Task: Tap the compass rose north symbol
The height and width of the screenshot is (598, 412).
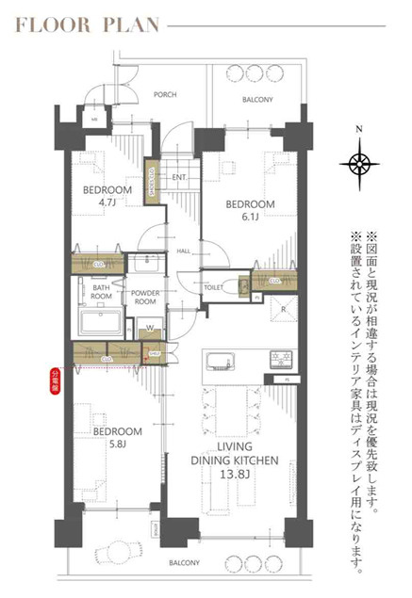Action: coord(359,163)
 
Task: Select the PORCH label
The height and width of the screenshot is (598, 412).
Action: coord(166,94)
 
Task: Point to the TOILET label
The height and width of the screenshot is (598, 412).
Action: coord(213,286)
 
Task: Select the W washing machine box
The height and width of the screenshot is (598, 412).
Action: coord(147,329)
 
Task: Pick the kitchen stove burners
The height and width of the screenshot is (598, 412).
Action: coord(283,359)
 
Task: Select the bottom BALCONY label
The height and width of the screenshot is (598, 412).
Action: coord(184,562)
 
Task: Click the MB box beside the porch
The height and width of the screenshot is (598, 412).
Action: coord(94,120)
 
